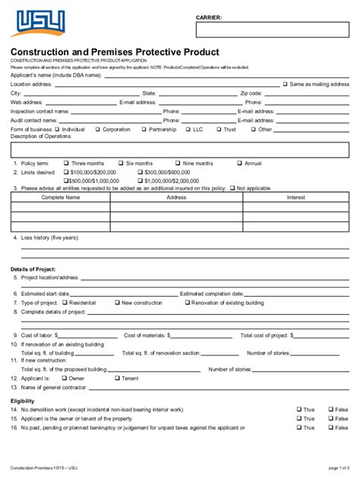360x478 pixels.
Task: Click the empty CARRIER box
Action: click(x=273, y=30)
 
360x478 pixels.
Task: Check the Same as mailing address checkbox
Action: click(x=286, y=84)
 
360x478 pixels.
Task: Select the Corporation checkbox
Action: click(x=97, y=129)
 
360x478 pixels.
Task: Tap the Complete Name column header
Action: click(x=60, y=197)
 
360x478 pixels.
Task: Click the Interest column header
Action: click(x=295, y=197)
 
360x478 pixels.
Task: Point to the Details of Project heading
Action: click(x=33, y=269)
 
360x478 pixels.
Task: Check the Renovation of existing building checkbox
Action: click(x=186, y=302)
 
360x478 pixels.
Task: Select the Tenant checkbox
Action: click(x=117, y=377)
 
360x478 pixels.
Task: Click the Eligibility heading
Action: click(x=22, y=401)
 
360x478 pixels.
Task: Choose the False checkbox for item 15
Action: click(x=330, y=419)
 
